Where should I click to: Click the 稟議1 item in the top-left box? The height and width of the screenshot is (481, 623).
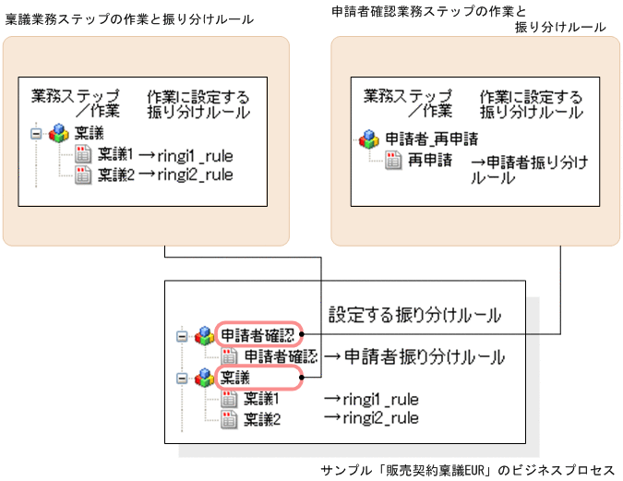pos(116,154)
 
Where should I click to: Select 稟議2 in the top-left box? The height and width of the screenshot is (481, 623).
pos(116,174)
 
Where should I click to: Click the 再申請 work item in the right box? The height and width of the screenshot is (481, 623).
pos(431,160)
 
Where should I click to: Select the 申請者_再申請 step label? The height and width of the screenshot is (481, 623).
pos(431,138)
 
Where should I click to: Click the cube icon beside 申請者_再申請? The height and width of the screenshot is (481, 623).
pos(368,138)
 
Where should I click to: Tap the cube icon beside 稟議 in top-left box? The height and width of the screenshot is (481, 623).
pos(58,133)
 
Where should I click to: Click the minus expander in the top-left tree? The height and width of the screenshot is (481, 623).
pos(35,133)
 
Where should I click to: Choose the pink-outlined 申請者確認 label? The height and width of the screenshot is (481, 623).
pos(258,333)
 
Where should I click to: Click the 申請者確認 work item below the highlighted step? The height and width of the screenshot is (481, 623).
pos(280,355)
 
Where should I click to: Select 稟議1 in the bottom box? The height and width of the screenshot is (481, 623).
pos(261,399)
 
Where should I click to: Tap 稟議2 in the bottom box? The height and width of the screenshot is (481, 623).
pos(261,418)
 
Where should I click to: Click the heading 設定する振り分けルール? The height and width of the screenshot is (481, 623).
pos(414,314)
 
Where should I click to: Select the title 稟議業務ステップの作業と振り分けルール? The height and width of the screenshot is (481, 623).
pos(129,18)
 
